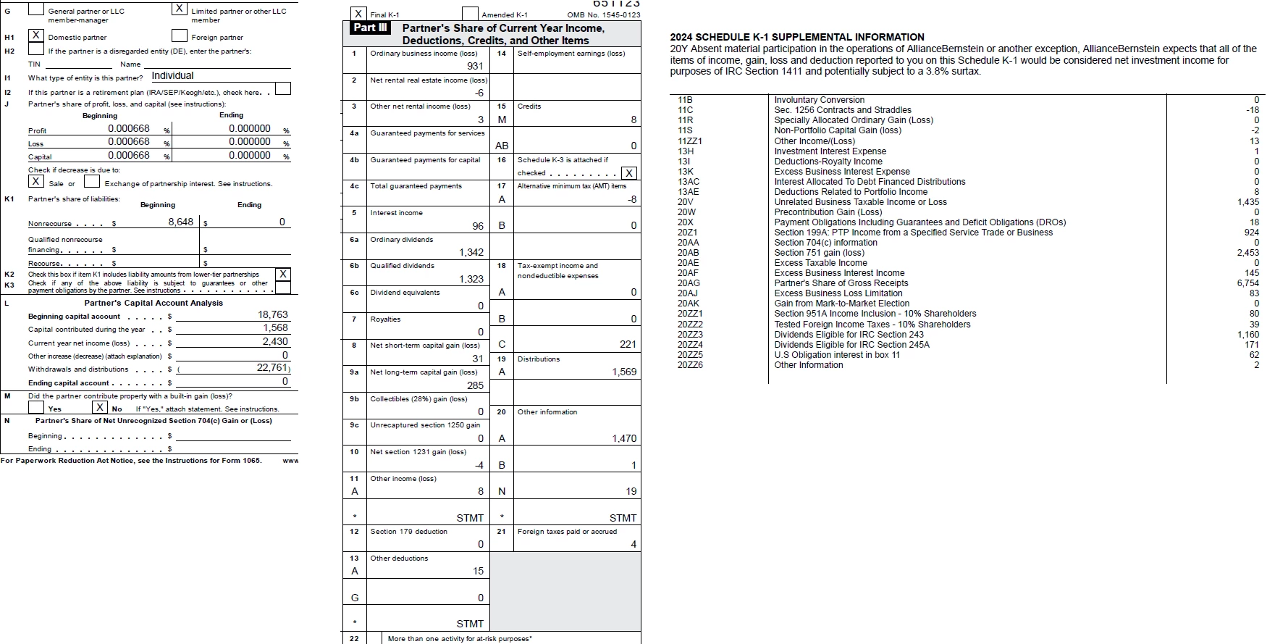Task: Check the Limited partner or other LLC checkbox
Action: [x=179, y=9]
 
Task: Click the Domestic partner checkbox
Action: [x=35, y=35]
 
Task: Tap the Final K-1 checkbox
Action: [x=358, y=14]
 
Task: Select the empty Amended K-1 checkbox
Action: [x=470, y=14]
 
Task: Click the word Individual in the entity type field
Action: [x=172, y=76]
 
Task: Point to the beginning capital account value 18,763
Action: [x=273, y=315]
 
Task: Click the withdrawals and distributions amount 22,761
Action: [x=273, y=368]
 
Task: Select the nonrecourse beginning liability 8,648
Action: [x=180, y=222]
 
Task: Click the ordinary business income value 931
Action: [x=475, y=66]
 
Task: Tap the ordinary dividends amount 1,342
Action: [x=471, y=252]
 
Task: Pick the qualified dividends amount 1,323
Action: [x=471, y=279]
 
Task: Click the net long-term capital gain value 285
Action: [x=475, y=385]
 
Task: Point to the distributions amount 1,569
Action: [x=624, y=372]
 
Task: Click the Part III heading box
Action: [x=371, y=28]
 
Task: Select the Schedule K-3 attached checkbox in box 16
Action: [x=629, y=172]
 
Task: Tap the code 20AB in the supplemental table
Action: [x=689, y=253]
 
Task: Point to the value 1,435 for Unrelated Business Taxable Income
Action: [x=1248, y=202]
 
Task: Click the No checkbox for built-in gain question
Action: [x=100, y=408]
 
